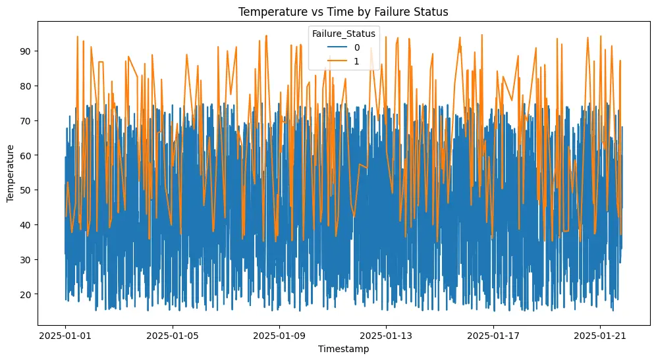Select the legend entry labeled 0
356,47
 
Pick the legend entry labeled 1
356,60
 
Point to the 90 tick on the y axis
28,51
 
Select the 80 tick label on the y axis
28,86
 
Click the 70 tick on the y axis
28,120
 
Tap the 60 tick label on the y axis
28,155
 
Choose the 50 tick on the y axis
28,190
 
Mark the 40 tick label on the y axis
28,224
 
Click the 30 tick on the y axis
28,259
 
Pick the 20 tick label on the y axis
28,294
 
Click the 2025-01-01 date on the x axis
65,335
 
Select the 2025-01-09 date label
279,335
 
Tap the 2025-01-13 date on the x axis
386,335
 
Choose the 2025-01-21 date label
600,335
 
